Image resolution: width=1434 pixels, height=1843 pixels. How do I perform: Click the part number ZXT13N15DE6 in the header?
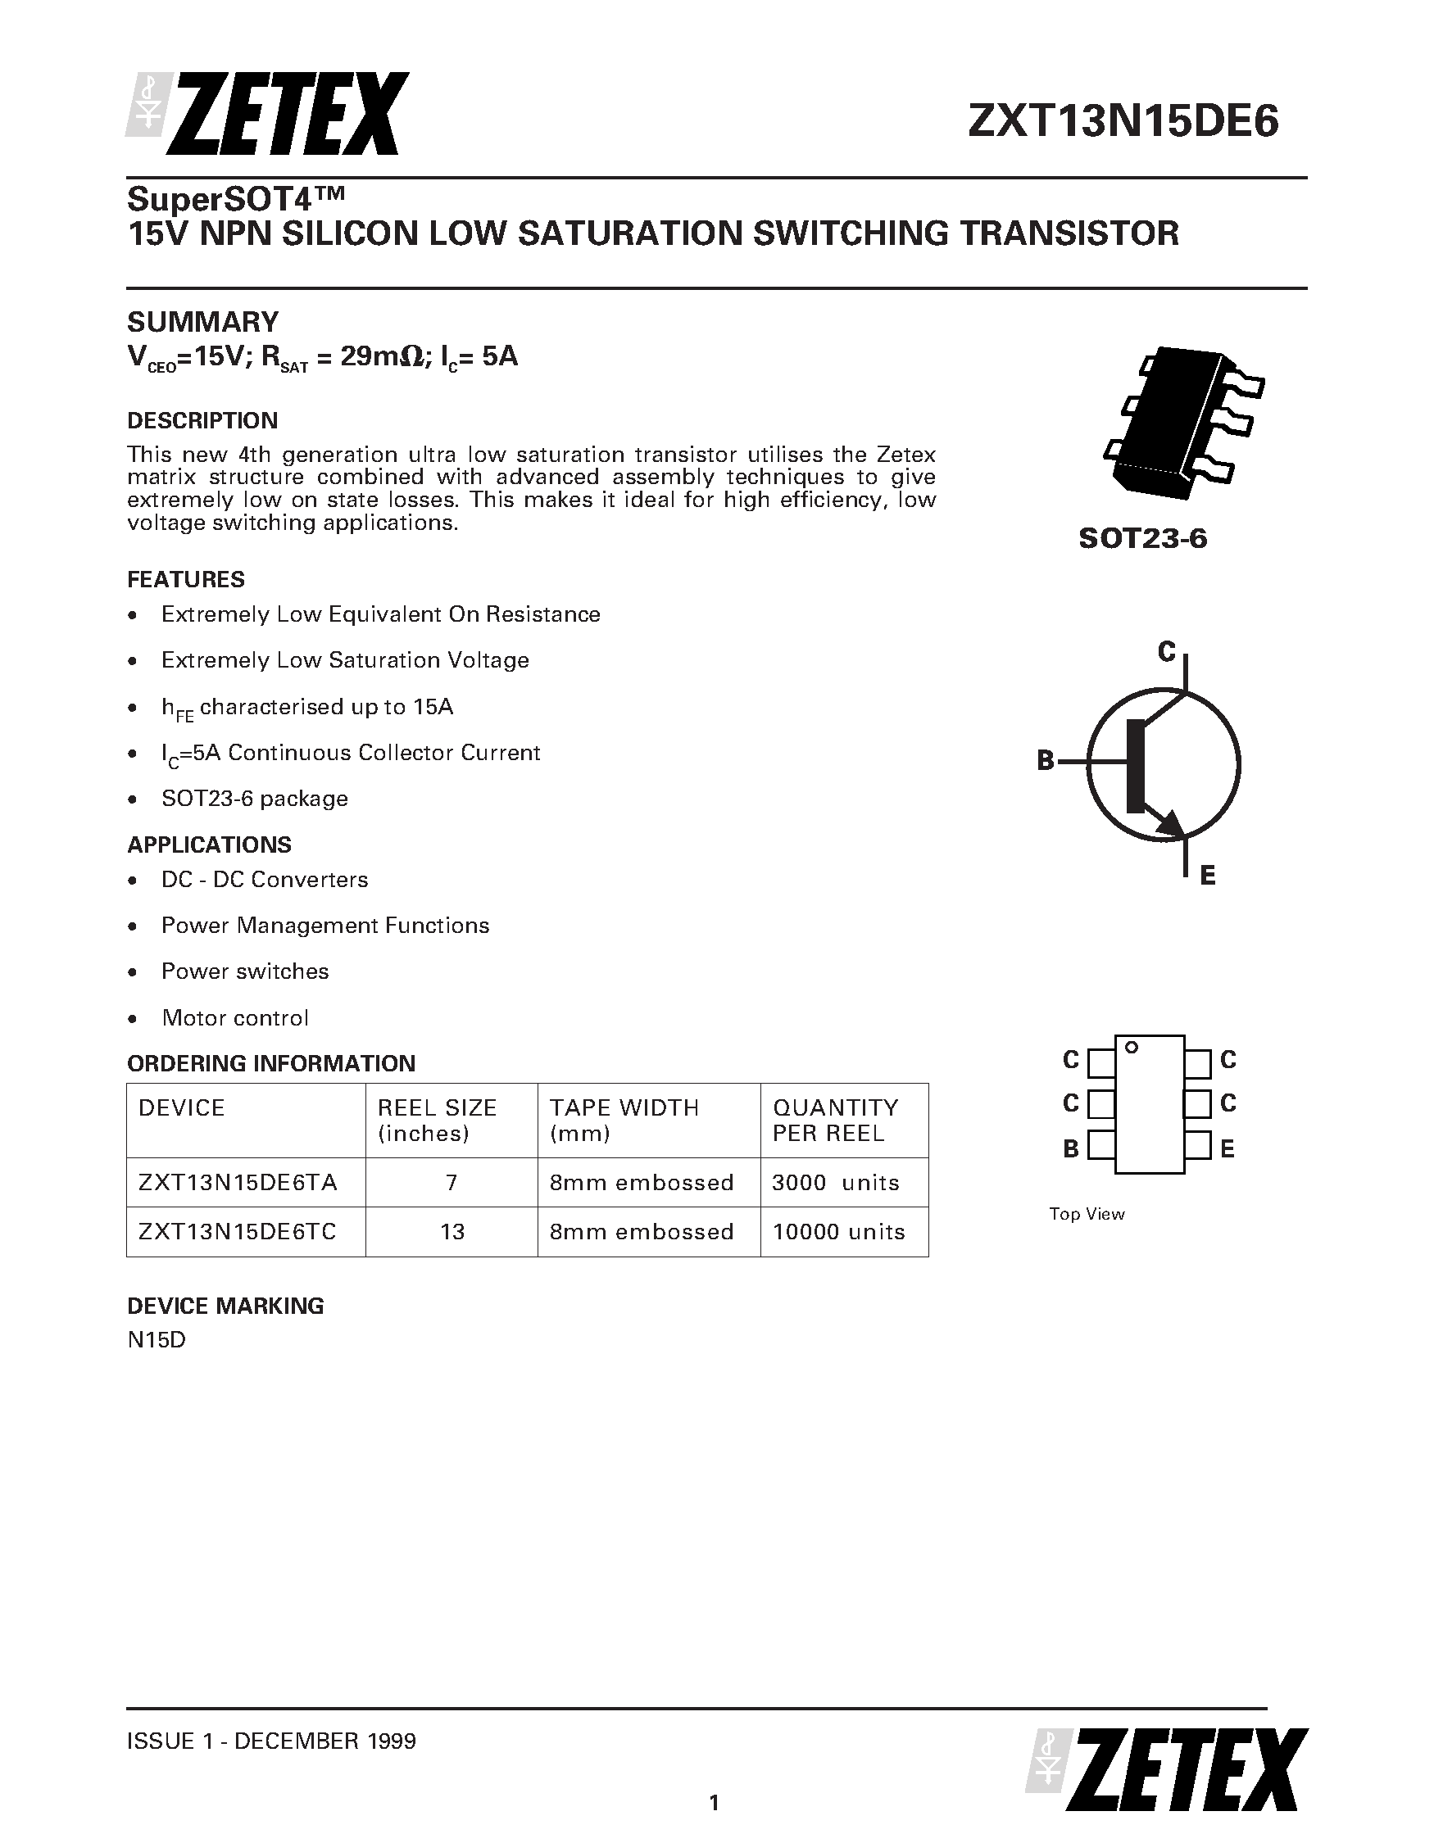point(1123,122)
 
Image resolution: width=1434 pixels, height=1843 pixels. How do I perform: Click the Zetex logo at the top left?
point(268,113)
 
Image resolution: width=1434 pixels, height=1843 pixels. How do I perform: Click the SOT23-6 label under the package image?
point(1143,538)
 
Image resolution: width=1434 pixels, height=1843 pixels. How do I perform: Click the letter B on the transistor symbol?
point(1046,761)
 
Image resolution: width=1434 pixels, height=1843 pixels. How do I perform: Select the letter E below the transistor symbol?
point(1207,876)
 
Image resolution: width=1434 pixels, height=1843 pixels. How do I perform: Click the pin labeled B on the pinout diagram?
point(1100,1147)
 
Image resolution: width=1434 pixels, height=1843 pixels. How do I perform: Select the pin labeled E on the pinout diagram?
point(1198,1147)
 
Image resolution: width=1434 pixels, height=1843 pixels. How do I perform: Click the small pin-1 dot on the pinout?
point(1132,1048)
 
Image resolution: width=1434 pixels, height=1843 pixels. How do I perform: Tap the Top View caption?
point(1087,1213)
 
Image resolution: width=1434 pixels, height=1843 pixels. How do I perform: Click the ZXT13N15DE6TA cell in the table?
point(238,1182)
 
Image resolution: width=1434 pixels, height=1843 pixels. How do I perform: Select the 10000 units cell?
point(839,1232)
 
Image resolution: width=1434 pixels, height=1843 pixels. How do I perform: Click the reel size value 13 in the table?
point(452,1232)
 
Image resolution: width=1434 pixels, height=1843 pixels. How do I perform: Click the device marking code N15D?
point(157,1340)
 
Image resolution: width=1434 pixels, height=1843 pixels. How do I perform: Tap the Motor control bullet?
point(234,1017)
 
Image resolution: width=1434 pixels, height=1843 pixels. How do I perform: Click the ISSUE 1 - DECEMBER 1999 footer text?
point(271,1741)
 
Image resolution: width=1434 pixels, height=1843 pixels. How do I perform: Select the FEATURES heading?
point(186,580)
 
